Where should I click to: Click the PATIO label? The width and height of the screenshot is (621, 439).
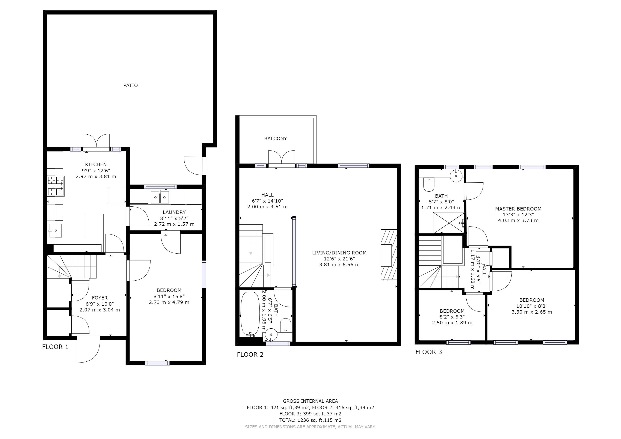tap(130, 86)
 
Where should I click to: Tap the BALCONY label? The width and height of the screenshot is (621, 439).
tap(275, 138)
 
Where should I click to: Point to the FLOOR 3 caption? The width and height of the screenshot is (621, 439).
tap(428, 352)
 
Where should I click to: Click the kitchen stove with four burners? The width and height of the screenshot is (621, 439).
tap(56, 186)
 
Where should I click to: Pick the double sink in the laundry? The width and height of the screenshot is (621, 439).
tap(160, 197)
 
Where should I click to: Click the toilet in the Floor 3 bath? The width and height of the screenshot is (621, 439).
tap(429, 184)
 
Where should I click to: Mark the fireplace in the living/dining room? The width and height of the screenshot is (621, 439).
tap(389, 255)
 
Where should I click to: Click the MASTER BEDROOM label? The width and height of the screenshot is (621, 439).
tap(518, 209)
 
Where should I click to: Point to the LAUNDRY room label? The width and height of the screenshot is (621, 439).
tap(174, 212)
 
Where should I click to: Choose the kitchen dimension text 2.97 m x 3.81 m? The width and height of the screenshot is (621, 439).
tap(96, 176)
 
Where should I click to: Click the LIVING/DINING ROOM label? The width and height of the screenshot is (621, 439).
tap(339, 253)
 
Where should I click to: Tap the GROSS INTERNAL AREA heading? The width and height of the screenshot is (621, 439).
tap(310, 401)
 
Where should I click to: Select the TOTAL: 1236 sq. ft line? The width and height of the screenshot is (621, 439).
tap(310, 420)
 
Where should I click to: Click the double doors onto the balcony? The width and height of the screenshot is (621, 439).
tap(281, 158)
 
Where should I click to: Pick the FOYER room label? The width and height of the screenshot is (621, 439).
tap(99, 298)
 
